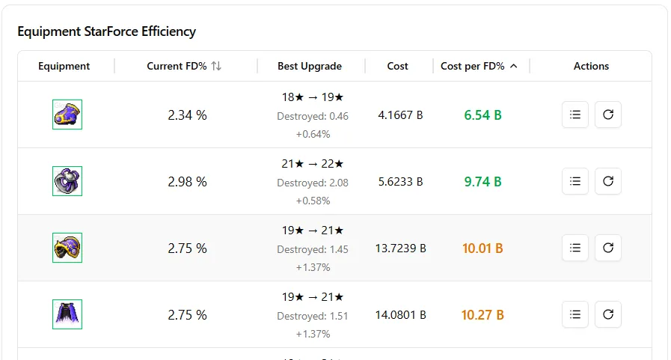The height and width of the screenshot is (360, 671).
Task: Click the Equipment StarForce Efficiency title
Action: pos(106,31)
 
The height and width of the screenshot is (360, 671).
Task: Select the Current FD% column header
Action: pos(177,66)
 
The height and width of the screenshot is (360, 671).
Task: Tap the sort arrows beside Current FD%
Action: pos(216,66)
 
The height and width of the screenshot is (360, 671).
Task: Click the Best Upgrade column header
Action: pos(310,66)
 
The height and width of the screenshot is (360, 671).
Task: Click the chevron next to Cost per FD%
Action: pos(514,66)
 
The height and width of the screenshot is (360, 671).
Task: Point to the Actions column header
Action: pos(591,66)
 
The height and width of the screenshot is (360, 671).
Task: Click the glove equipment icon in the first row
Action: pos(67,115)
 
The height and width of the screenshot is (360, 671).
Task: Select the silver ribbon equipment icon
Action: pos(67,181)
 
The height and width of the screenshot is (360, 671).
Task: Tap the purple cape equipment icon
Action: pos(67,314)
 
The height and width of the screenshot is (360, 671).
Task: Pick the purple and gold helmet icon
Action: pos(67,248)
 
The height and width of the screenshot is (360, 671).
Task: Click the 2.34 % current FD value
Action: pos(188,115)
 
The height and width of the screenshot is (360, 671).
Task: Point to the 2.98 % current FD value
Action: pos(188,182)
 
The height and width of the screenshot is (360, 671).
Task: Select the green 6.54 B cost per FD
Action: pos(482,115)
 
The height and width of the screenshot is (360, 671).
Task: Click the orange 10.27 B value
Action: pos(482,315)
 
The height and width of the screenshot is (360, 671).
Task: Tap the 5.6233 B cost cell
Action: pos(400,182)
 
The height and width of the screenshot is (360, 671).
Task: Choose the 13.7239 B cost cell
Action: pos(400,248)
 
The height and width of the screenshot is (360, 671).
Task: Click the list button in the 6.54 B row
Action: pos(575,115)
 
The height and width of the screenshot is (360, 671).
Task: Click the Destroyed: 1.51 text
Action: pos(313,316)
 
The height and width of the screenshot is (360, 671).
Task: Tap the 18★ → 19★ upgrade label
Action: pos(313,97)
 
